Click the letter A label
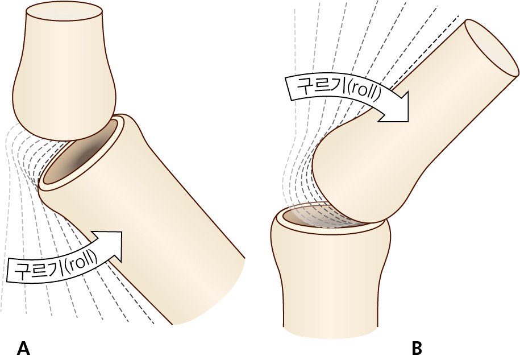[x=23, y=347]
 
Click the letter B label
[x=417, y=347]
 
